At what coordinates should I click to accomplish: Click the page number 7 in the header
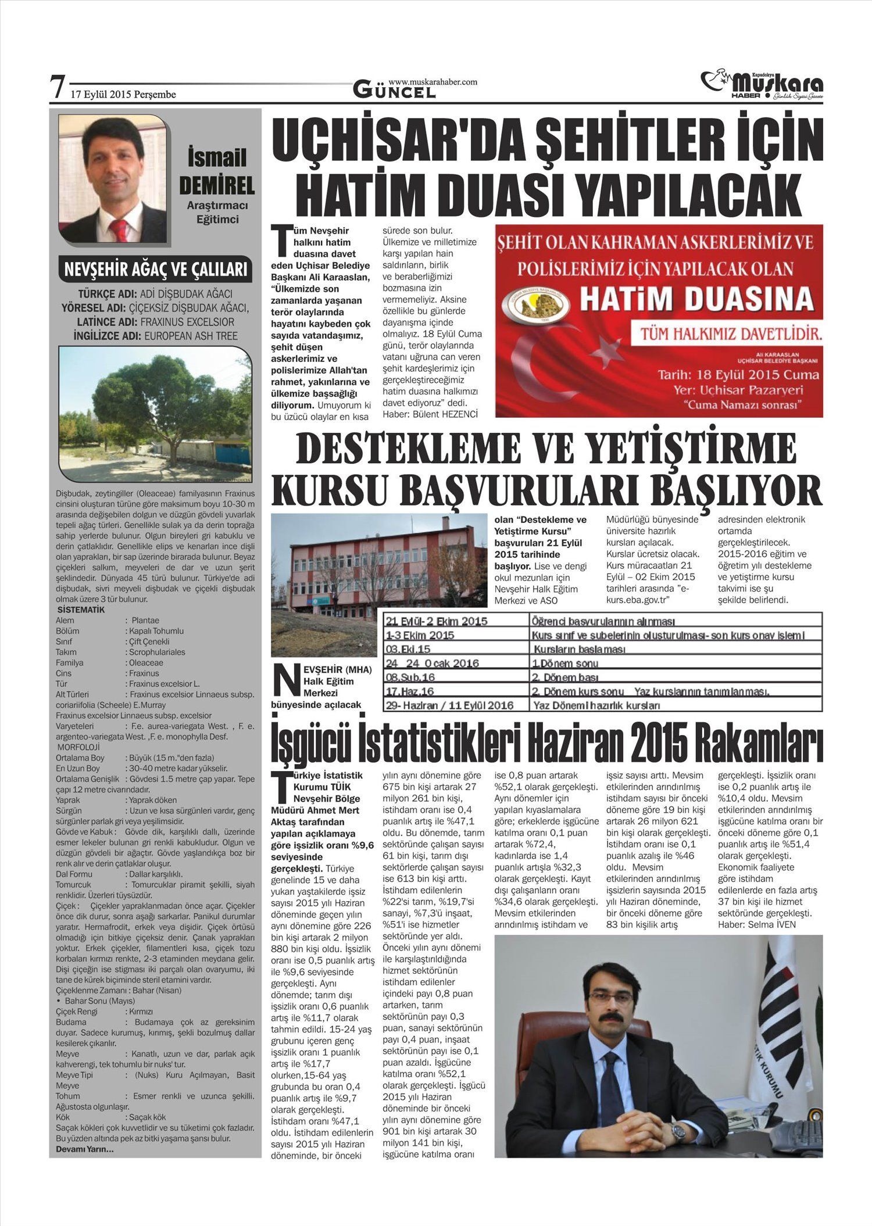[57, 87]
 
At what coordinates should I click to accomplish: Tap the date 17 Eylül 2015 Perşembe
[123, 94]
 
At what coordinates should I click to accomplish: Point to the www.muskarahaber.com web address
[433, 82]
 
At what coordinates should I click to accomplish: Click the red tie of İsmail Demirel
[119, 230]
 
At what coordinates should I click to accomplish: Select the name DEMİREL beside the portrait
[217, 186]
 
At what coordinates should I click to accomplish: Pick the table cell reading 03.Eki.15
[410, 649]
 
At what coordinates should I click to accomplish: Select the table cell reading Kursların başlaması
[579, 649]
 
